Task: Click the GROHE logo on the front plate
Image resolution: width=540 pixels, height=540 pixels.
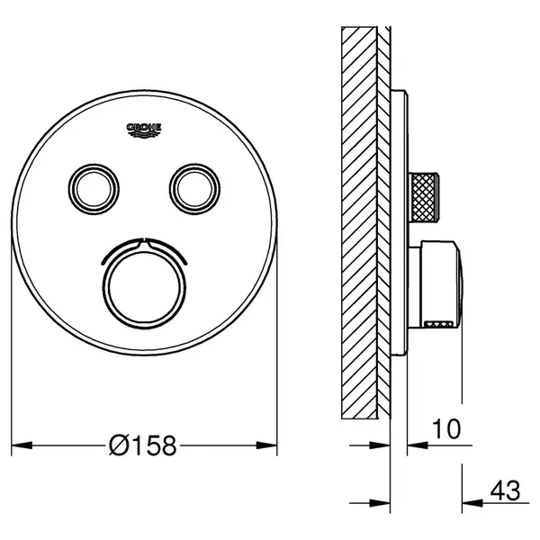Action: point(144,130)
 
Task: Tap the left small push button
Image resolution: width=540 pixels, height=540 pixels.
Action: point(94,189)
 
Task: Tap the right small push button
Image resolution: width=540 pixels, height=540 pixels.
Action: point(194,189)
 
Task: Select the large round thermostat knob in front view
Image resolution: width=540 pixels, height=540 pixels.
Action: point(144,288)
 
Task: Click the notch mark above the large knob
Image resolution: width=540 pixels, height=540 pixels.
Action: point(144,242)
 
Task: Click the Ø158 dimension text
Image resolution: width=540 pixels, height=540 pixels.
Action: point(142,445)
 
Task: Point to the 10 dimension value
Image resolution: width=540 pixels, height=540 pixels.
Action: point(446,429)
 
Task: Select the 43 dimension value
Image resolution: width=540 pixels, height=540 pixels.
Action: point(505,490)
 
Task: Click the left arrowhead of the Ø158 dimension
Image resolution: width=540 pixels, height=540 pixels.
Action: point(22,445)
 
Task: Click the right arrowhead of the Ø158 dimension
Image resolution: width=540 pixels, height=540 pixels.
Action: point(267,445)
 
